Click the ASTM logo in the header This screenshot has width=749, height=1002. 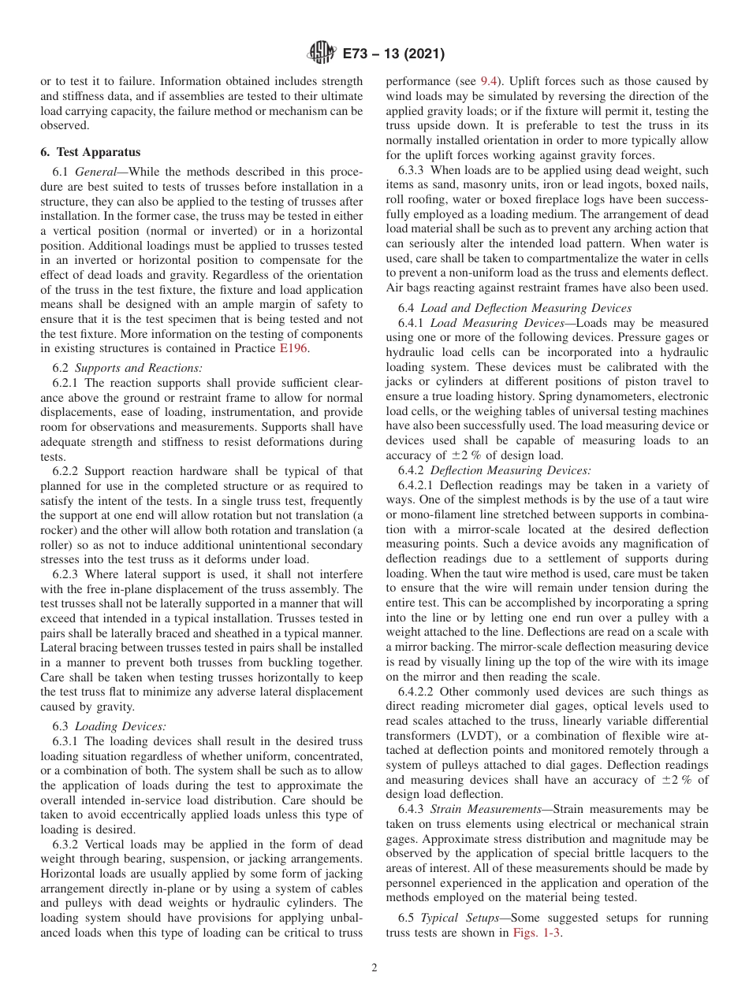[321, 54]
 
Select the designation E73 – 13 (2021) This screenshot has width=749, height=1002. [393, 54]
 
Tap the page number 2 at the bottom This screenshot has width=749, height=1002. [374, 968]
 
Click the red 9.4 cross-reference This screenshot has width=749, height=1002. [489, 81]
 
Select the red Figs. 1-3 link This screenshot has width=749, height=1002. [537, 933]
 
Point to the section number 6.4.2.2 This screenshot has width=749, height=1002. [419, 692]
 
